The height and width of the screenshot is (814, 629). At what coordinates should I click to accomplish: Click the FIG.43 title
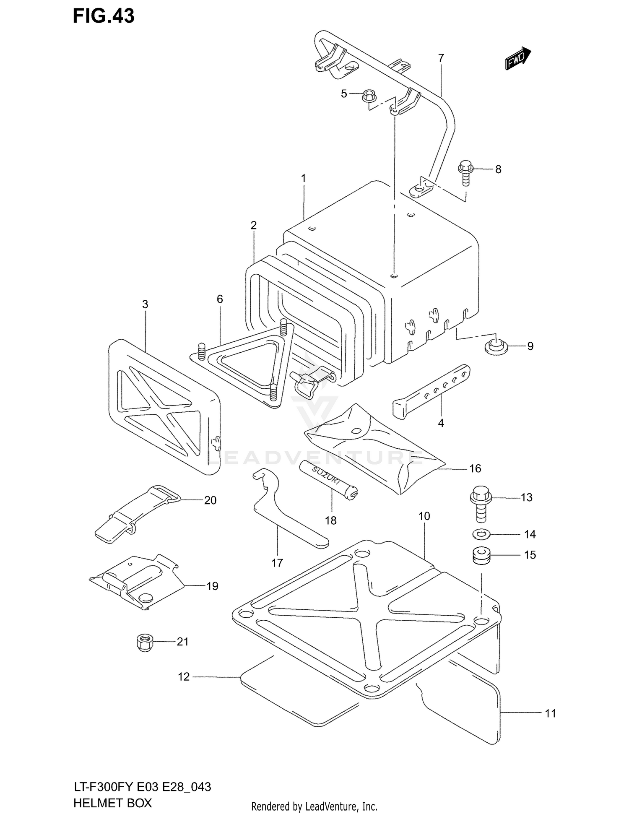[104, 16]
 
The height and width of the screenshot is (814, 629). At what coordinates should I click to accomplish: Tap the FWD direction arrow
[518, 58]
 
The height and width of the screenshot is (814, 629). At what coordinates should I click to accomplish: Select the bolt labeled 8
[466, 172]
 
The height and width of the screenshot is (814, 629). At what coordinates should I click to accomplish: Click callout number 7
[441, 58]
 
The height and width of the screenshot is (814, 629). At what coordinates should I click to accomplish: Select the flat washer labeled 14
[481, 535]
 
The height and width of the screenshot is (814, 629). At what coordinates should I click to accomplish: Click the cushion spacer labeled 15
[481, 556]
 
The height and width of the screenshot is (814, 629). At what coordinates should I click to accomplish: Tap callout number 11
[550, 713]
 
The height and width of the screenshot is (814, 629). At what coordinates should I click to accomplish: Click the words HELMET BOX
[112, 803]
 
